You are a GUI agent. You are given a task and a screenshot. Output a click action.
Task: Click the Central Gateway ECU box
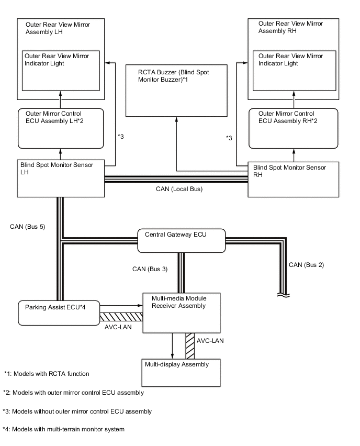(181, 240)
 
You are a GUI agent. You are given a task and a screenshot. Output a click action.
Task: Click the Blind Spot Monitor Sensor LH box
(61, 179)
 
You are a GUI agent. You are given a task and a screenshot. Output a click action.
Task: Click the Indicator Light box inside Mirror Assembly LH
(61, 70)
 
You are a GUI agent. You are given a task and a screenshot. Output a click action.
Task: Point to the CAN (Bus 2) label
(306, 264)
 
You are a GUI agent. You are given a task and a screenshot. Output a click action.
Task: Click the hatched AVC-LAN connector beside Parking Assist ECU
(121, 316)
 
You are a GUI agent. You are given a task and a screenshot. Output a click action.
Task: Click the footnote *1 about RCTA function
(47, 374)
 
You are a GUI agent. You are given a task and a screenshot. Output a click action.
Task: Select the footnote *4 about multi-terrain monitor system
(63, 429)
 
